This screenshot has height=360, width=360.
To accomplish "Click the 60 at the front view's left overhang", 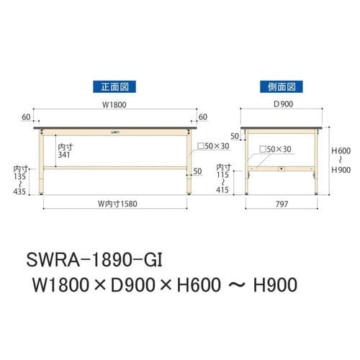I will click(x=26, y=115).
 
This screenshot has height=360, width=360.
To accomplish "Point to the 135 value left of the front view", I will click(x=20, y=176).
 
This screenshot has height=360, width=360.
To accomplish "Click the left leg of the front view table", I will click(x=45, y=163).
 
